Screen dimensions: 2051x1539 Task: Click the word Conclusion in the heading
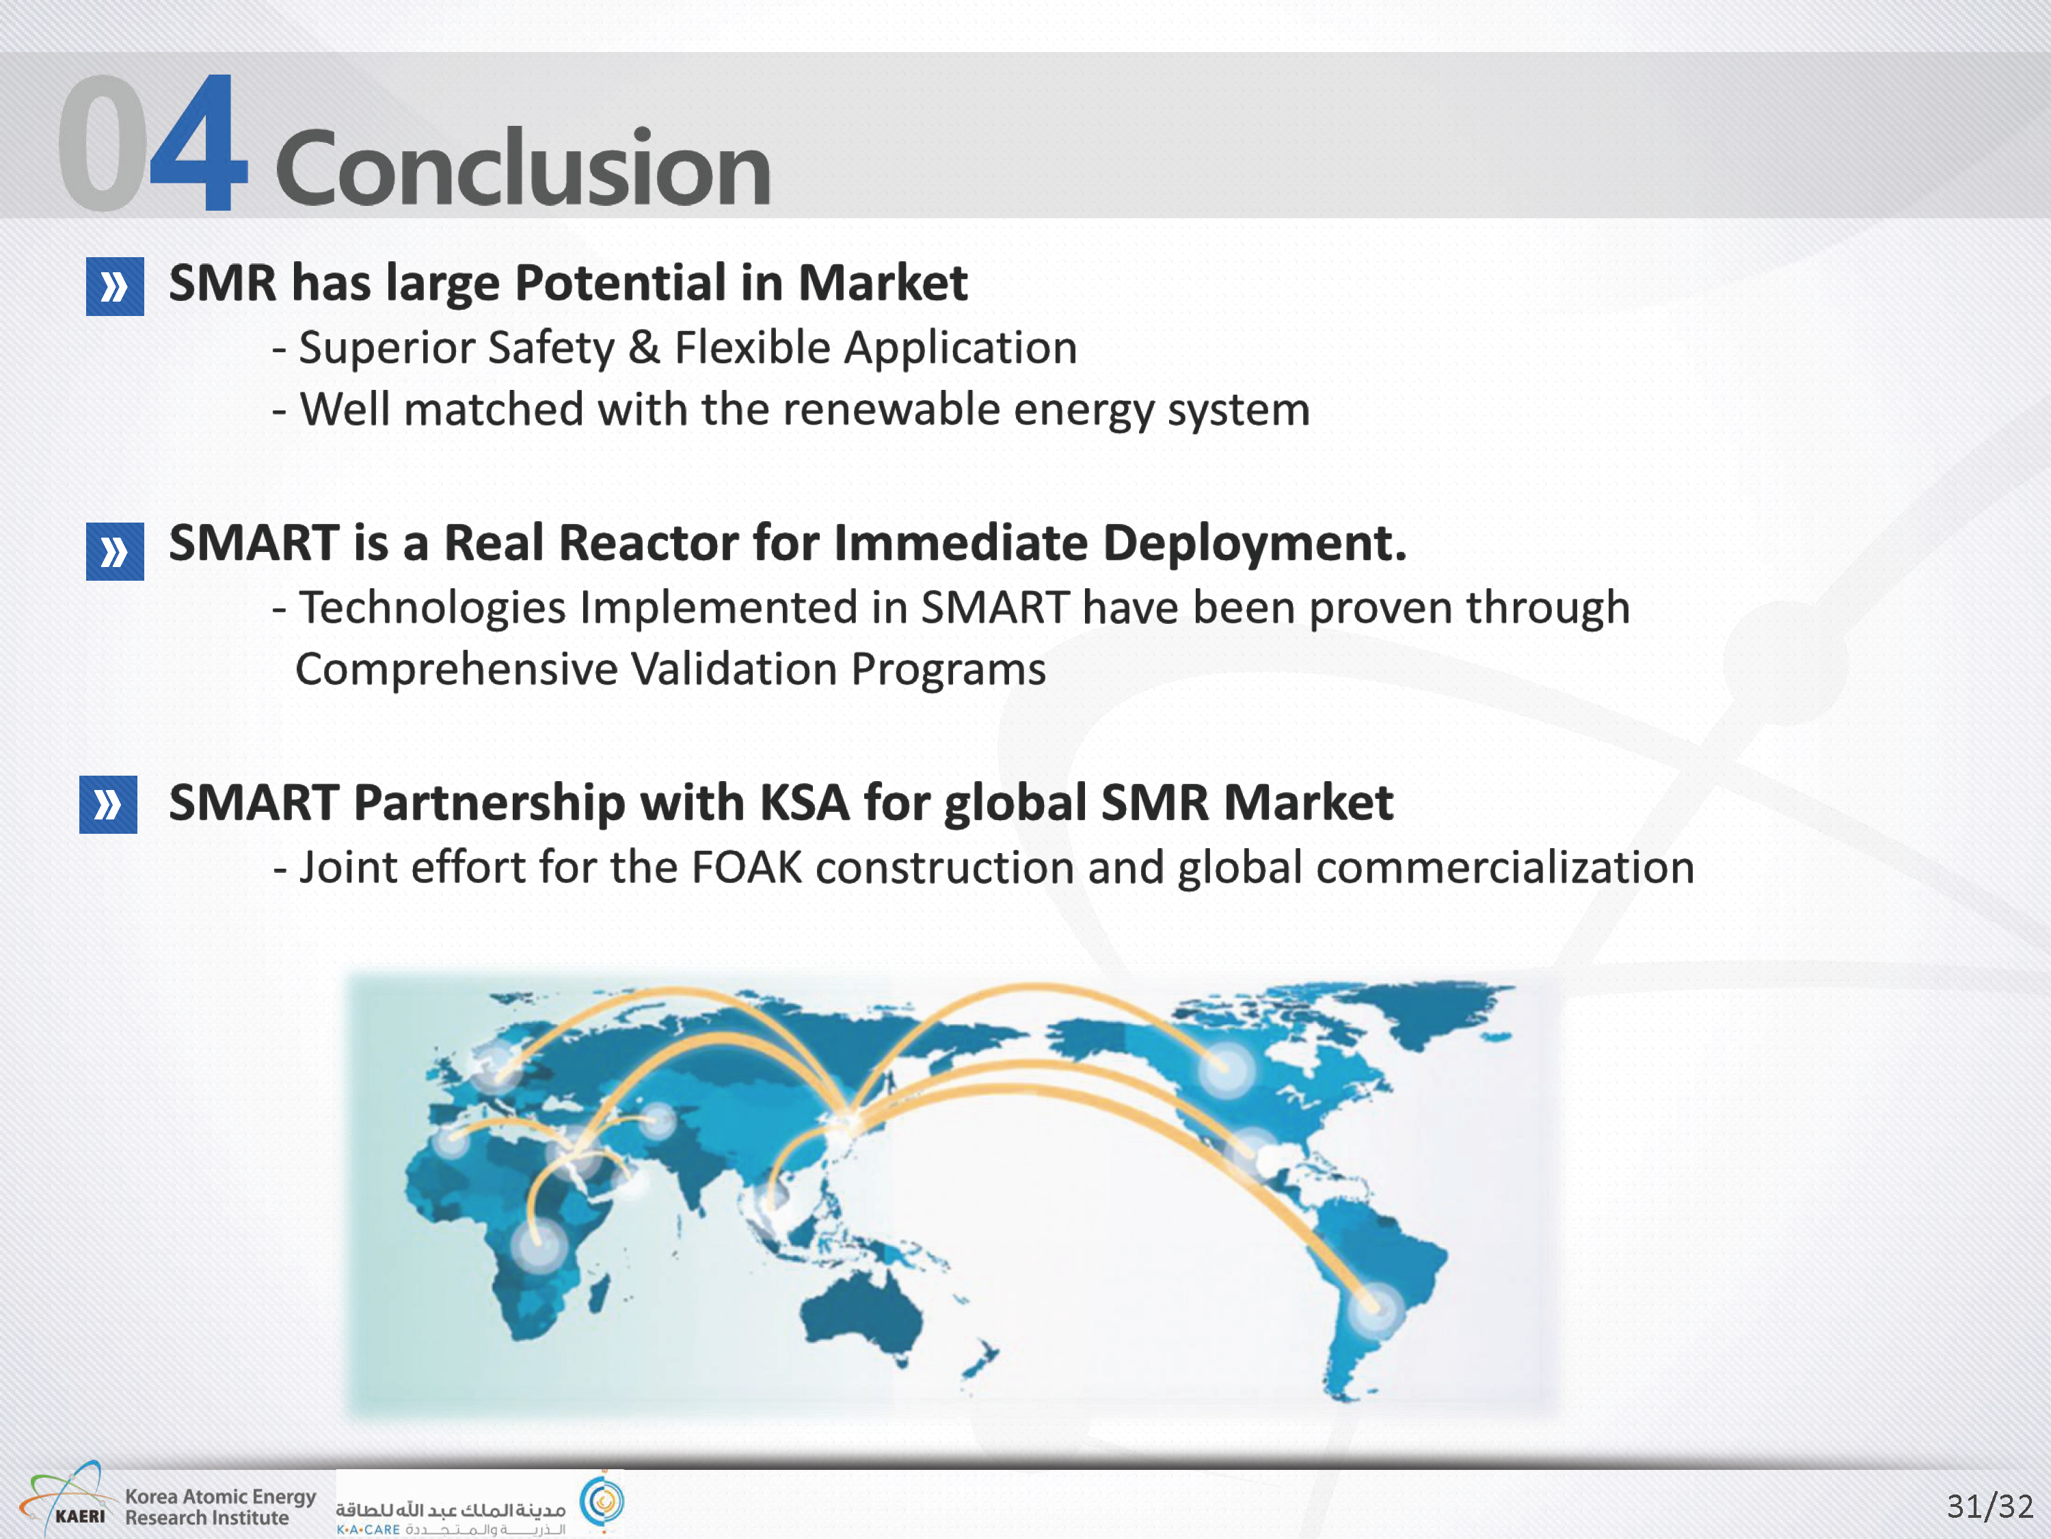click(523, 167)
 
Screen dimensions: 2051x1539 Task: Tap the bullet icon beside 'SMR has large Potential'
click(115, 287)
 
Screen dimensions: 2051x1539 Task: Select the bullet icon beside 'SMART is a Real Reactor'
click(115, 552)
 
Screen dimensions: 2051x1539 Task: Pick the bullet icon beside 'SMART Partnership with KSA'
click(109, 804)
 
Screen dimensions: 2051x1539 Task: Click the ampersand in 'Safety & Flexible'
click(643, 348)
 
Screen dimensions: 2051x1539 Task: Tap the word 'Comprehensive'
click(456, 670)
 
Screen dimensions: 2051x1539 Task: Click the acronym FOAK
click(747, 867)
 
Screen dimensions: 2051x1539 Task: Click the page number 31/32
click(1989, 1505)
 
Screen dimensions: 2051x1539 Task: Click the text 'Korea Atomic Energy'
click(221, 1497)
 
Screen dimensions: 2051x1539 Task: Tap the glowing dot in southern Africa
click(538, 1242)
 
